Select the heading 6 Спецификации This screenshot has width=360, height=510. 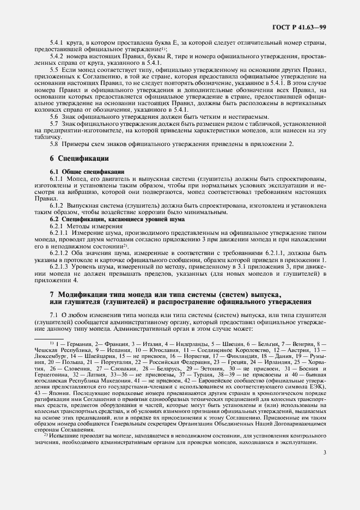(x=79, y=158)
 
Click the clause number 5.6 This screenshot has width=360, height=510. (x=54, y=118)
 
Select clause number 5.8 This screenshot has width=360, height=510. (x=54, y=144)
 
